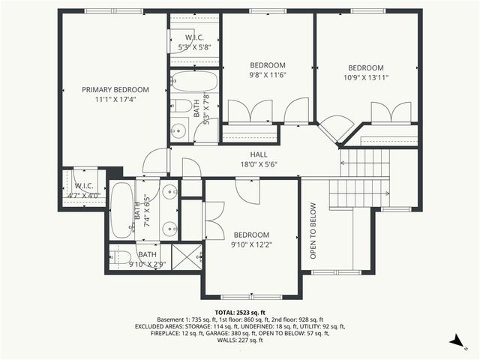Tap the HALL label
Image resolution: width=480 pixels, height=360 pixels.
pos(258,154)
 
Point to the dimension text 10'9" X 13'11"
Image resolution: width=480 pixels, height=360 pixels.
pos(366,76)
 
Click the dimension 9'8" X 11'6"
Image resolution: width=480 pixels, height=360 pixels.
pos(268,74)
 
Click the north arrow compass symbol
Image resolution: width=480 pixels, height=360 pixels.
pos(455,341)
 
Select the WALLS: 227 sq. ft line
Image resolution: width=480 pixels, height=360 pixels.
pos(239,340)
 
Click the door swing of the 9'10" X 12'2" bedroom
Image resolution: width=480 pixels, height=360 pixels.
pos(247,190)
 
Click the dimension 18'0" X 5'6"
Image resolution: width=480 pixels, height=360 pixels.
pos(258,163)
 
